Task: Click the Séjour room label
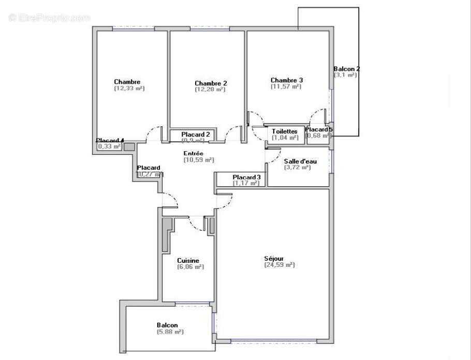tap(274, 258)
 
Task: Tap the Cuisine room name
tap(188, 261)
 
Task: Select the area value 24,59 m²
tap(279, 265)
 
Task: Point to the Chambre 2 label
tap(211, 83)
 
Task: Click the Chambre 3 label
tap(286, 80)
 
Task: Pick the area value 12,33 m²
tap(129, 88)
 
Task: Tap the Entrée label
tap(193, 154)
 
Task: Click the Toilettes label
tap(285, 131)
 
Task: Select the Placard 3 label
tap(246, 177)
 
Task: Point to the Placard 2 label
tap(195, 134)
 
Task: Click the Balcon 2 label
tap(346, 69)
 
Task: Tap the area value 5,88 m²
tap(170, 332)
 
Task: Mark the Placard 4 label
tap(110, 140)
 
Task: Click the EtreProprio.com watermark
tap(49, 18)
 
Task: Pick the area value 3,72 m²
tap(297, 168)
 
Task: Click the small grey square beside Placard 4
tap(129, 146)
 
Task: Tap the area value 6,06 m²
tap(190, 267)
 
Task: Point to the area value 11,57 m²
tap(286, 87)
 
